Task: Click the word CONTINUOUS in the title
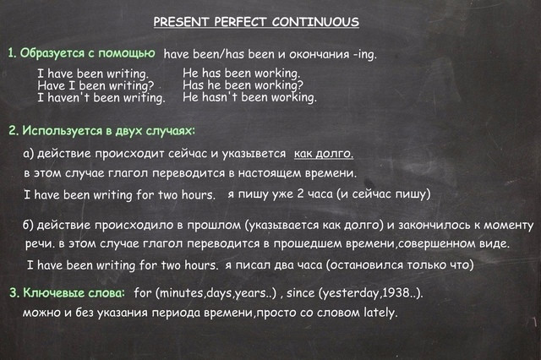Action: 315,22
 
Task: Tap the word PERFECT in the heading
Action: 240,22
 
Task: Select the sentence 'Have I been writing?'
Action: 96,85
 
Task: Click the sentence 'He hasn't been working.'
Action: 249,97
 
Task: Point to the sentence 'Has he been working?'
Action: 243,85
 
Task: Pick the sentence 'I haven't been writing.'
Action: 101,98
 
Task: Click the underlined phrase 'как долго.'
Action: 324,154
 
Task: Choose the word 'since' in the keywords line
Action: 301,292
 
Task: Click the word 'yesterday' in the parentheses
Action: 352,293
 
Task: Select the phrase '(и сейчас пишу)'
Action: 385,194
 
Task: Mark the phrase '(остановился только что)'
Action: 400,265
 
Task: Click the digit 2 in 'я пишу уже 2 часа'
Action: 300,194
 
